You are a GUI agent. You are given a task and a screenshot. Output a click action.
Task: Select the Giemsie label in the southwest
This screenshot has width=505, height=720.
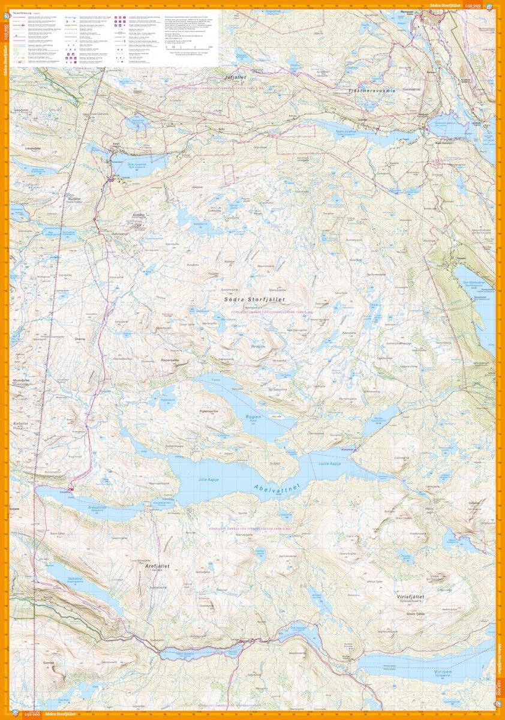click(x=48, y=663)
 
